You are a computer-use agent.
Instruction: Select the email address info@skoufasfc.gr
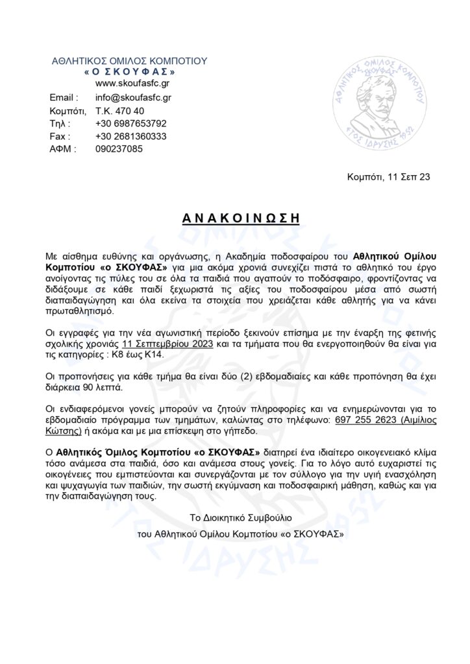point(133,97)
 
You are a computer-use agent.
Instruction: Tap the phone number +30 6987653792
point(130,123)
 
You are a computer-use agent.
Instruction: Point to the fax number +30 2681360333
point(130,136)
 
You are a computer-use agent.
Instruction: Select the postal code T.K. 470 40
point(120,110)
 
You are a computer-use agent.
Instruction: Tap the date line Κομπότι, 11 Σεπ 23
point(388,177)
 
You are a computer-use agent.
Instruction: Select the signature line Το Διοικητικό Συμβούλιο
point(241,519)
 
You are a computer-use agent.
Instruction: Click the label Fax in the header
point(59,136)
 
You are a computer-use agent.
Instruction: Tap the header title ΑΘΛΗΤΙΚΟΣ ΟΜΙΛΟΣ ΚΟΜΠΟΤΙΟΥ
point(129,60)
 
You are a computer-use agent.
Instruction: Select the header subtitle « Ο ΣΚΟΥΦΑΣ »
point(130,71)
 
